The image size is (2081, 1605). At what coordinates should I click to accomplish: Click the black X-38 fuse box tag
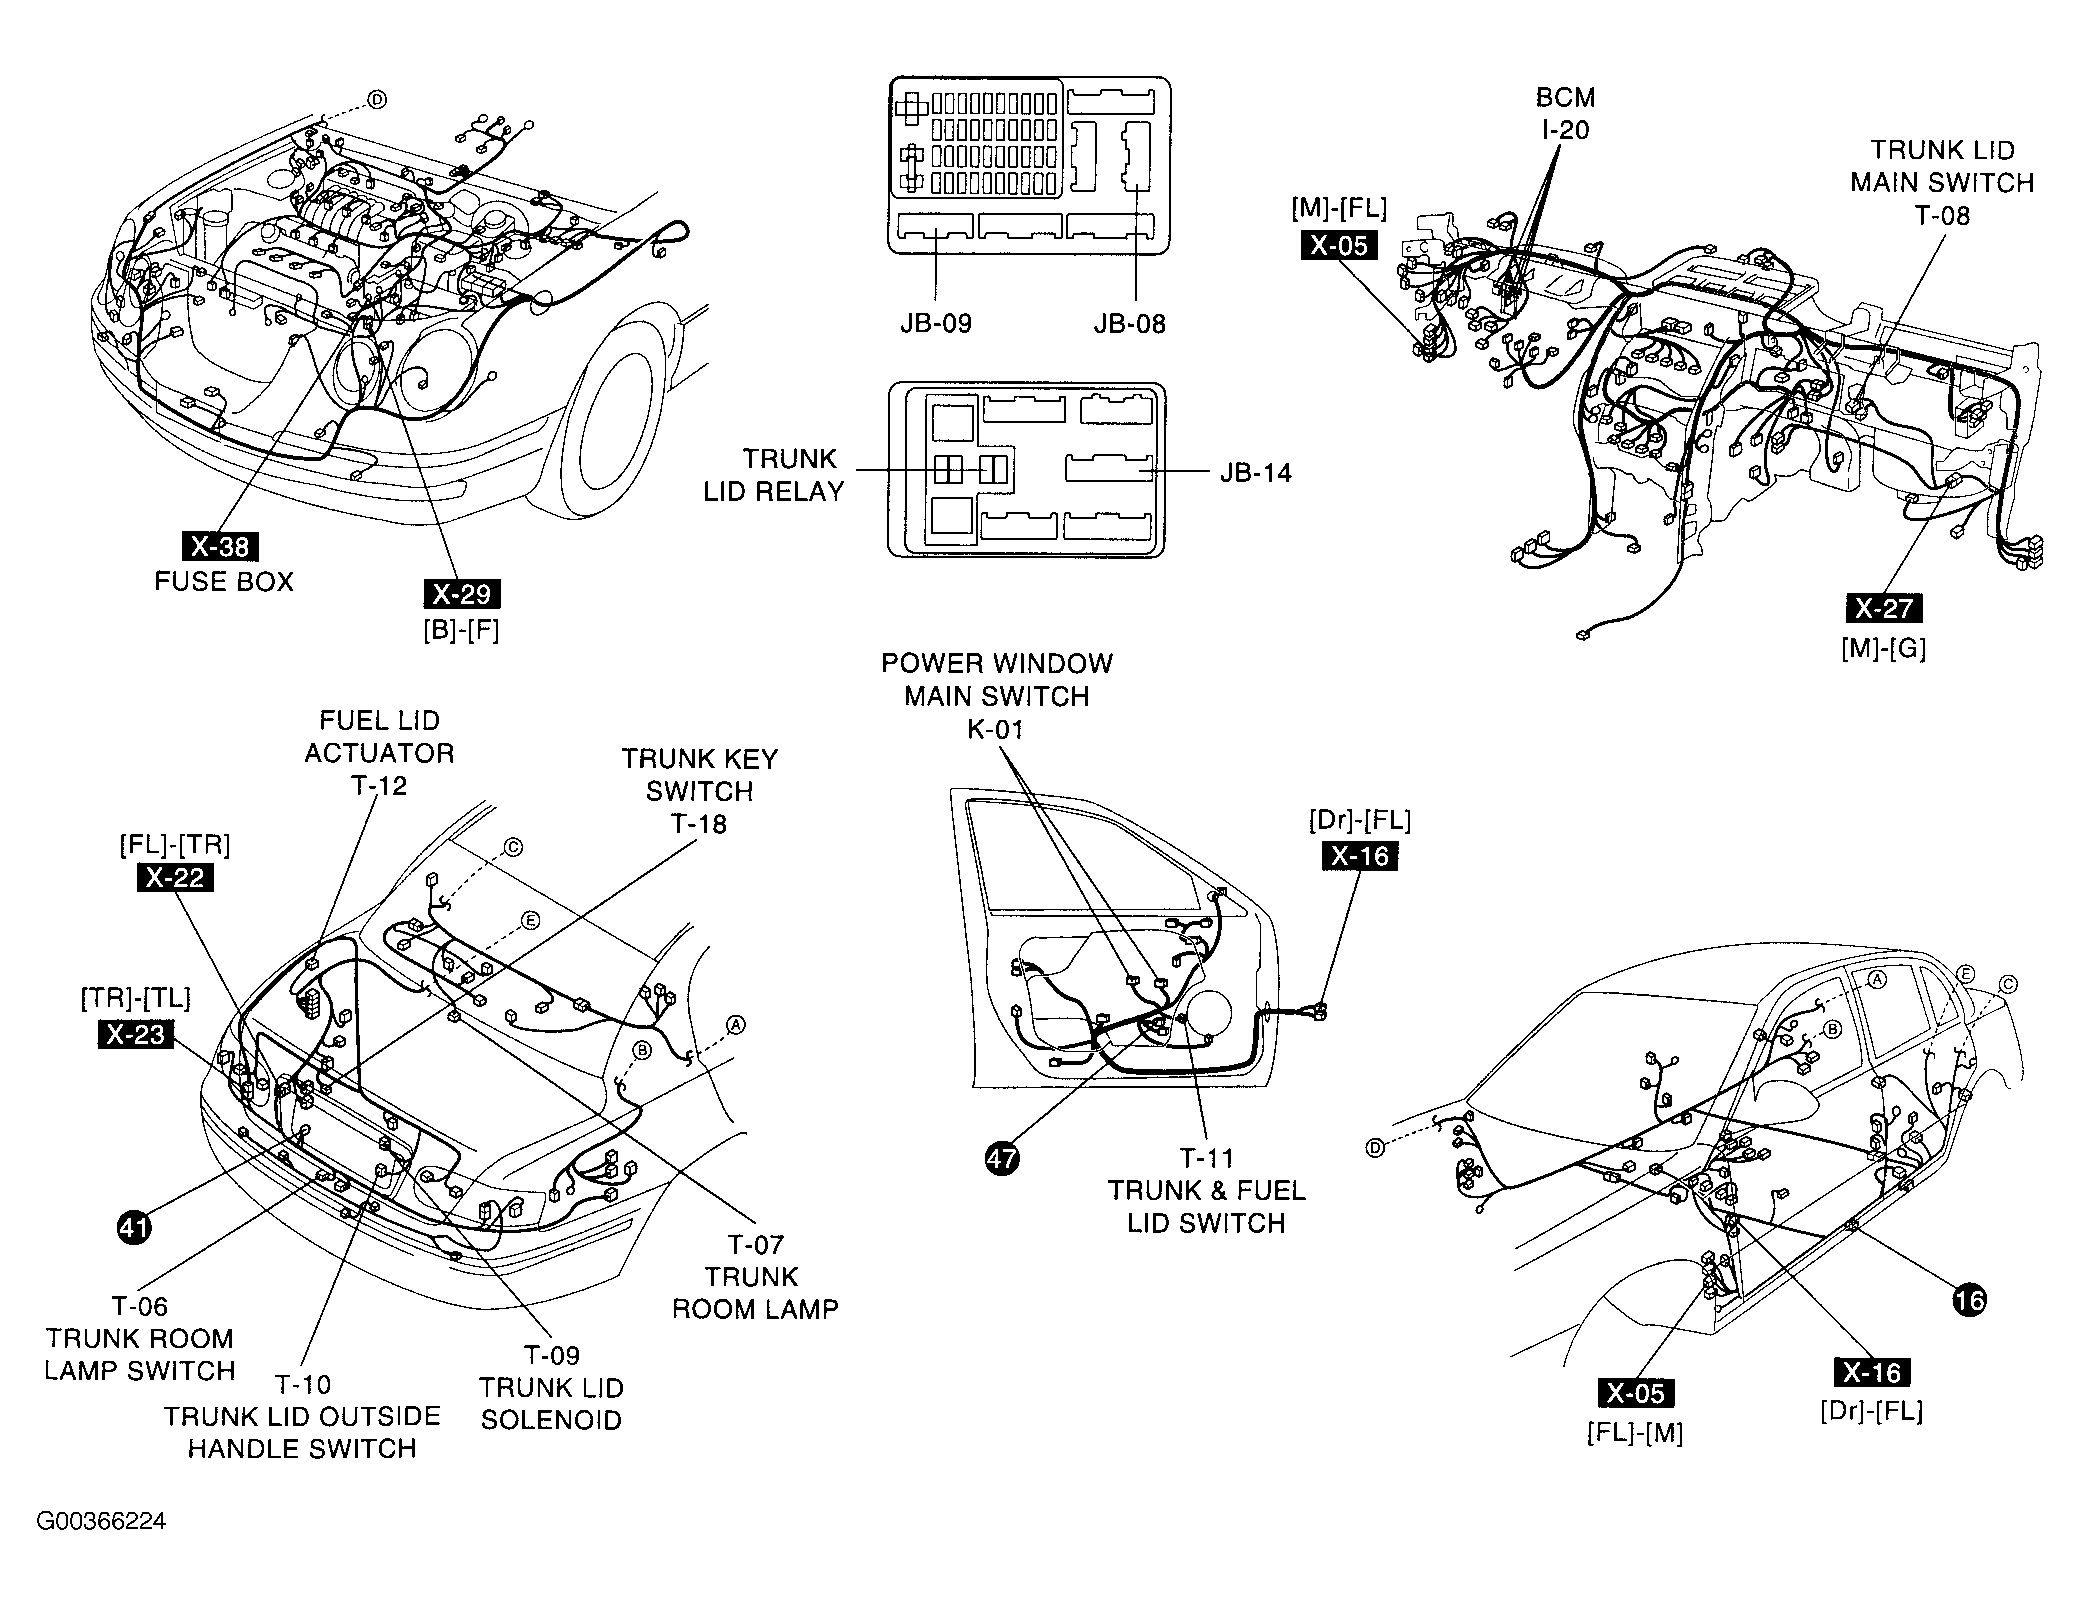220,546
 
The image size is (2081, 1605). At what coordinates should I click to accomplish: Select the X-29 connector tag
462,594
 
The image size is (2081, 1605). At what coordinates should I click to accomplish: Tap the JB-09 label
934,324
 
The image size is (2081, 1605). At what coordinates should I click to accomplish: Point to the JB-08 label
1129,324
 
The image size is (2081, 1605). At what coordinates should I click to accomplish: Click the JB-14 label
1255,473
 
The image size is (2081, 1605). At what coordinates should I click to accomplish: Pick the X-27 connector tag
1883,608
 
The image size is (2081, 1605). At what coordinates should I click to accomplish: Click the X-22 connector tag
175,878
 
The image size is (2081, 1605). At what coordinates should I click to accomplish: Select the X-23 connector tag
135,1034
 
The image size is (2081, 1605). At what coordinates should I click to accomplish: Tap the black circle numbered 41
134,1226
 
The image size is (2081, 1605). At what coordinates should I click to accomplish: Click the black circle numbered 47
1001,1158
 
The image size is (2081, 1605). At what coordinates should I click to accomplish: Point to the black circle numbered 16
1969,1300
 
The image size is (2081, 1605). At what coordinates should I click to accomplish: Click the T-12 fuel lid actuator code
379,786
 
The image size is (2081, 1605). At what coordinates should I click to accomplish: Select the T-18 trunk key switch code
699,824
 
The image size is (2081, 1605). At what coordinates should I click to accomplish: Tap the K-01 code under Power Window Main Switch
996,730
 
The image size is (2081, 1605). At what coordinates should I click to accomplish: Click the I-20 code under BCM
1565,130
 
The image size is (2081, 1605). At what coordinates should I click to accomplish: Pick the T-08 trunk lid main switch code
1941,216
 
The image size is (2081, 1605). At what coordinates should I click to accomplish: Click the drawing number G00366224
101,1522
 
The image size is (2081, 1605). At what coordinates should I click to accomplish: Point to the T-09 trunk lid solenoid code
552,1356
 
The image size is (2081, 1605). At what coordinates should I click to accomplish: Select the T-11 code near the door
1207,1158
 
